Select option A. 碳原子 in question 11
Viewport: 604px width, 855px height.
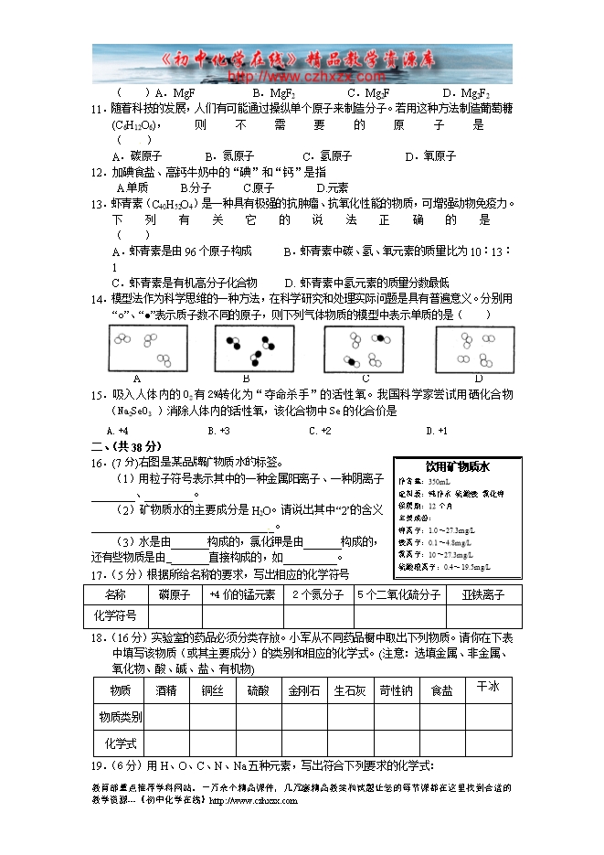tap(129, 156)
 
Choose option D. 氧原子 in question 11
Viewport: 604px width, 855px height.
tap(430, 156)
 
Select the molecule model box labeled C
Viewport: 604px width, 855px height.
tap(364, 348)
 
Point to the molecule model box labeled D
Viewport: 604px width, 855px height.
tap(474, 348)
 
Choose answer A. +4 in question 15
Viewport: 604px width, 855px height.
tap(117, 431)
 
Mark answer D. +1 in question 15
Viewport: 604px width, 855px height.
tap(436, 431)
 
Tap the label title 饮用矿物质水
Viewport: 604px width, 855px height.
tap(457, 466)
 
